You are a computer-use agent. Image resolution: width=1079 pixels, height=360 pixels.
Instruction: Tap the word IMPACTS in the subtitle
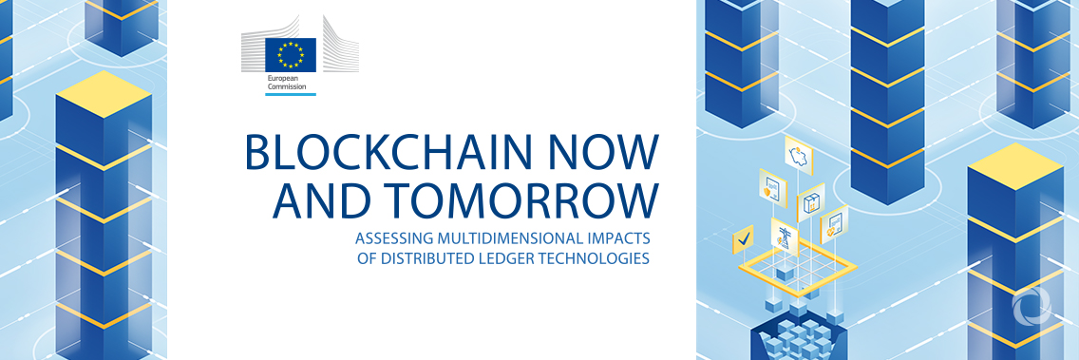coord(622,237)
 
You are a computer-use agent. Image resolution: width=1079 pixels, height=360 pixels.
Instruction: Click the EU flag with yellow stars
coord(291,55)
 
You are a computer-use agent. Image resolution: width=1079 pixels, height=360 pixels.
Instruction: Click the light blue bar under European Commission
coord(291,94)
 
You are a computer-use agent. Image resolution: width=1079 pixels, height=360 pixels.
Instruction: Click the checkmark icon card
coord(743,237)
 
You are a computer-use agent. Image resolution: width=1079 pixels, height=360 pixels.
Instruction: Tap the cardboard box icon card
coord(811,202)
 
